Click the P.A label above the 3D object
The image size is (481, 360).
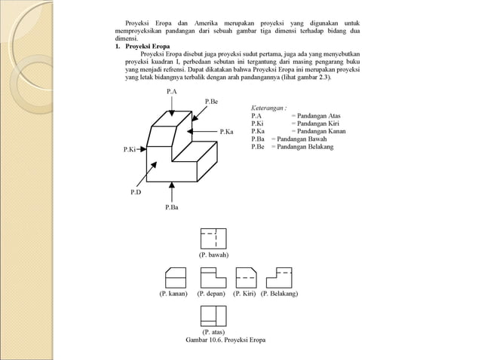172,91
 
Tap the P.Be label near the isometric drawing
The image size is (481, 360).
212,101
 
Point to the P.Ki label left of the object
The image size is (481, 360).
130,150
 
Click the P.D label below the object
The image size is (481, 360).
136,193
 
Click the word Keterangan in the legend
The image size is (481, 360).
268,108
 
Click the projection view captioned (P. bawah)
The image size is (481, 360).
213,239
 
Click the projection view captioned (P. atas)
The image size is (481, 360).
213,315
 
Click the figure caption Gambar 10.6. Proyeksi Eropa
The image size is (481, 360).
225,340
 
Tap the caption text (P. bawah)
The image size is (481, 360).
213,255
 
